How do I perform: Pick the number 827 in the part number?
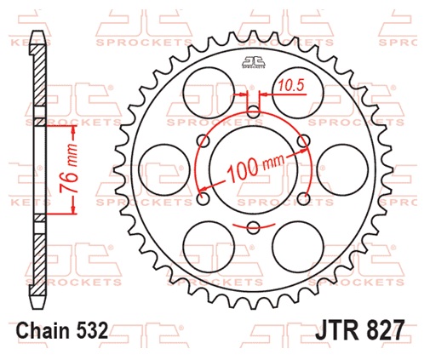click(x=383, y=330)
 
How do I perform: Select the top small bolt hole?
click(x=253, y=111)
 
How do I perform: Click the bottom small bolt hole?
click(x=253, y=226)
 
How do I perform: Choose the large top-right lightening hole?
click(x=299, y=88)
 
